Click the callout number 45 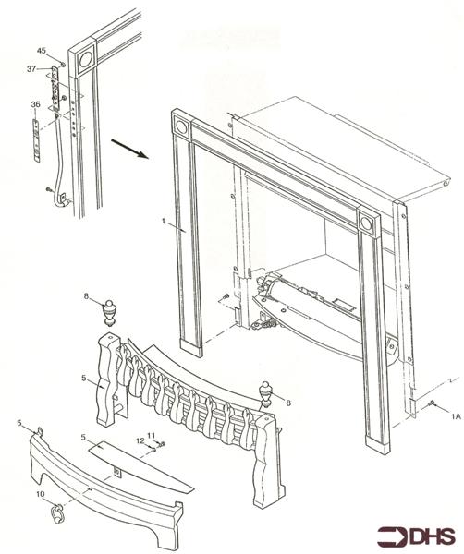[x=41, y=50]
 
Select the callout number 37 [x=31, y=68]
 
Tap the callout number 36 [x=35, y=104]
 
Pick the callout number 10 [x=40, y=495]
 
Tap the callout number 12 [x=142, y=440]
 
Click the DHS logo [x=416, y=536]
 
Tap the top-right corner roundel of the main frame [x=367, y=224]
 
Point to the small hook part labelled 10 [x=58, y=507]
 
